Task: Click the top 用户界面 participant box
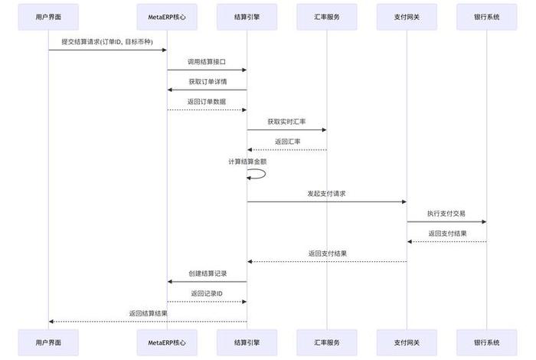click(x=49, y=17)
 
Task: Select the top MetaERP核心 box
click(x=167, y=17)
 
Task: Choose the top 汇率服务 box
click(x=326, y=17)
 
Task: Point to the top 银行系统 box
click(x=486, y=17)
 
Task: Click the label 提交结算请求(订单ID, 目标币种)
click(x=107, y=41)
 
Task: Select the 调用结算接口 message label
click(x=207, y=61)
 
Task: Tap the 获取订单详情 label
click(x=207, y=80)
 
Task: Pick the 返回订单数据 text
click(x=207, y=100)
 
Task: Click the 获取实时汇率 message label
click(x=286, y=121)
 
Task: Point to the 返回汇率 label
click(x=287, y=141)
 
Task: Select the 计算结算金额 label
click(x=247, y=162)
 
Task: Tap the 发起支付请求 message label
click(x=326, y=193)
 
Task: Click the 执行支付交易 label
click(x=446, y=213)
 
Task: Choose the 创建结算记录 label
click(x=207, y=273)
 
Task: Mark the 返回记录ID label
click(x=207, y=293)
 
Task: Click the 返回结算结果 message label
click(x=148, y=313)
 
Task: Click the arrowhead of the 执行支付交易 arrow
click(x=483, y=222)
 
